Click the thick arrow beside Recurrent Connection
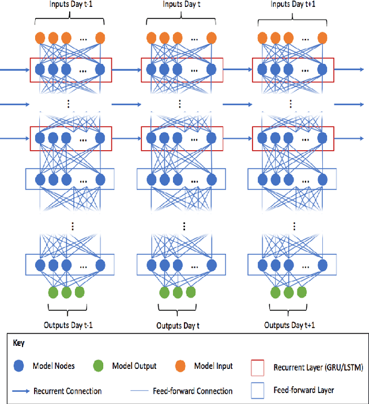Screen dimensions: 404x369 20,391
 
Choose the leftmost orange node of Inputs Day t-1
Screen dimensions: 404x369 41,39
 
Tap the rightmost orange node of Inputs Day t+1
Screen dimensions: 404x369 322,39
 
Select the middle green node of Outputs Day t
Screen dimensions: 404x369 178,292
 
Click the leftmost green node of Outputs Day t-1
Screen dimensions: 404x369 54,292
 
